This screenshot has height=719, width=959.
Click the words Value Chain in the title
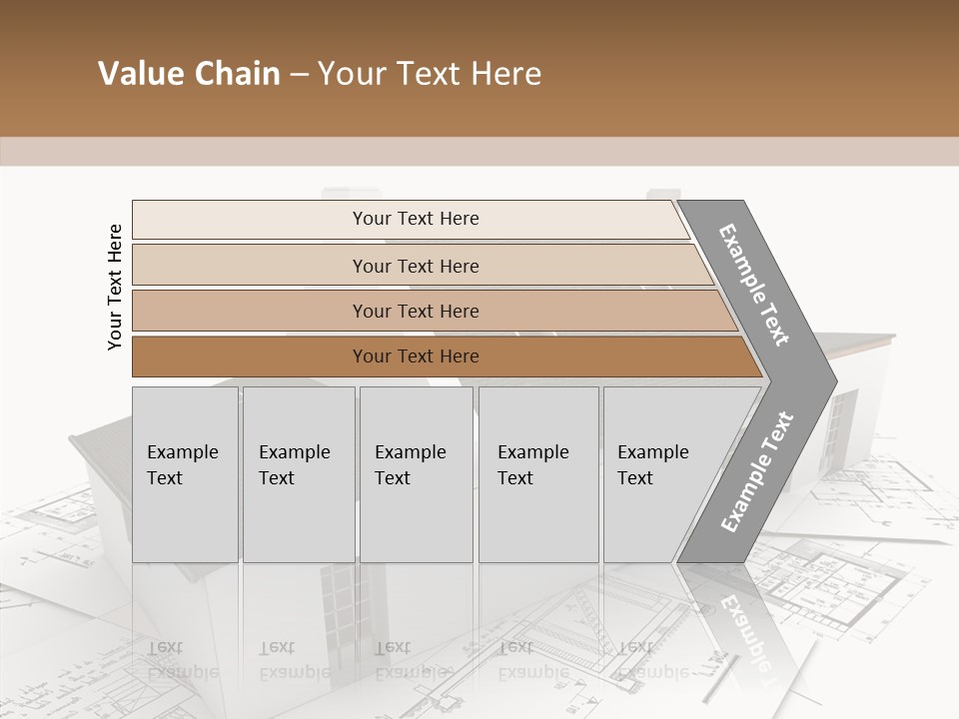pos(189,74)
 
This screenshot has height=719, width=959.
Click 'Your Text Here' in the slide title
pos(430,74)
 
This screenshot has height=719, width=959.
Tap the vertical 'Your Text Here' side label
pos(115,287)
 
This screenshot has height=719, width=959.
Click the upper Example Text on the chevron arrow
pos(754,285)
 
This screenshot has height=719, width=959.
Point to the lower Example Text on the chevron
pos(756,471)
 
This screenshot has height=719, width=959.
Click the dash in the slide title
pos(299,74)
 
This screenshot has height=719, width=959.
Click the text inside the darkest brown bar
pos(416,357)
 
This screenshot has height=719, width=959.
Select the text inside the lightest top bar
pos(416,219)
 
